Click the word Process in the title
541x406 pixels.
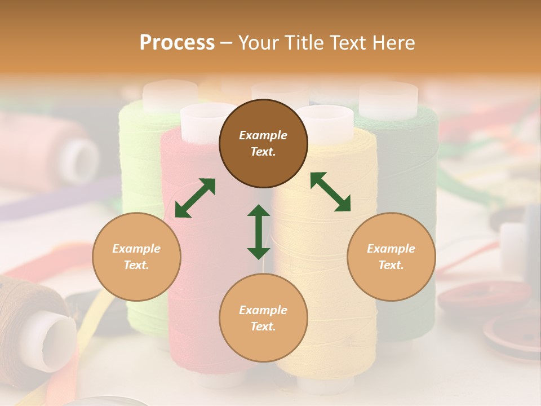(177, 43)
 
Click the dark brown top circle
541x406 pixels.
(263, 144)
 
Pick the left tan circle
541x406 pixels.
(136, 257)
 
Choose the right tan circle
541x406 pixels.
(391, 257)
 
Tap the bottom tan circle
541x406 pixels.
(263, 318)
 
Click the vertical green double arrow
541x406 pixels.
(259, 232)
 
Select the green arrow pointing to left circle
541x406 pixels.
(195, 198)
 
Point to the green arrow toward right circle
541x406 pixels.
(331, 192)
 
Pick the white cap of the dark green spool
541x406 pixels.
(388, 99)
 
